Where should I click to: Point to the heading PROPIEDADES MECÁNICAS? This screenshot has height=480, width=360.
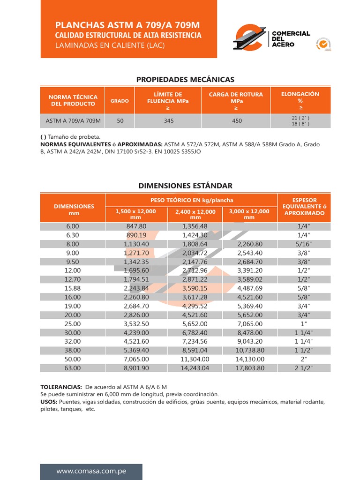pos(185,80)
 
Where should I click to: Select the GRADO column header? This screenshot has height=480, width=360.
pos(120,101)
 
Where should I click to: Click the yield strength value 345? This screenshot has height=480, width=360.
pos(169,121)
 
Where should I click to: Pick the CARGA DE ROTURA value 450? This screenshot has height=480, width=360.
pos(237,121)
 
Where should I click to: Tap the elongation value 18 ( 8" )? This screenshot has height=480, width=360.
pos(300,124)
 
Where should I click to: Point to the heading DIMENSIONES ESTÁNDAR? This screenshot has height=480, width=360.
pos(185,186)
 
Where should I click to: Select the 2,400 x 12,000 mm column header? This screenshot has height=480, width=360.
pos(195,214)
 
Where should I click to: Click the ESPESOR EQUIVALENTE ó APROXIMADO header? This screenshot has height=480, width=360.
pos(304,206)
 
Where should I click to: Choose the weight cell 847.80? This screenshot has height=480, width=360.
pos(136,226)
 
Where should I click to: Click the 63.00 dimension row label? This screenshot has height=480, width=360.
pos(73,368)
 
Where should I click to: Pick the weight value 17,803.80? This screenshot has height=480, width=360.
pos(250,368)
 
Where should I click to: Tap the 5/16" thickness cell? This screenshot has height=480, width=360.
pos(304,244)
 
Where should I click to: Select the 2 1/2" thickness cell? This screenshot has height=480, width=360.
pos(304,368)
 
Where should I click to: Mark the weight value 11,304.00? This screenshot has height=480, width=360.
pos(194,359)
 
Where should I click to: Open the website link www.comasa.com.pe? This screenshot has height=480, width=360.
pos(91,471)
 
